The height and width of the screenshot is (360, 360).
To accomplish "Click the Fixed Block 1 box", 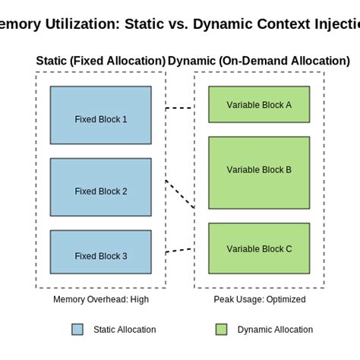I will click(x=100, y=115).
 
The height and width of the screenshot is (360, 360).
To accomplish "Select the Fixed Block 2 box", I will click(x=100, y=187).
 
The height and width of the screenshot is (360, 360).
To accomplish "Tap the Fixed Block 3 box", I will click(x=100, y=251).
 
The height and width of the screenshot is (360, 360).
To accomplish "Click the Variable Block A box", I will click(x=259, y=104).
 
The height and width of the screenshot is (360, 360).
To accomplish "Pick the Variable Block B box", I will click(x=259, y=172).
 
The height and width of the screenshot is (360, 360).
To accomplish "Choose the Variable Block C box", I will click(x=259, y=248).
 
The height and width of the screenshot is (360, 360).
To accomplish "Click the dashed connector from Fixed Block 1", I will click(x=179, y=109).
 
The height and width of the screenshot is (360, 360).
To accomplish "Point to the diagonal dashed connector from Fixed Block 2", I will click(x=180, y=194).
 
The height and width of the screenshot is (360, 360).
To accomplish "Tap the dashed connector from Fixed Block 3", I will click(x=179, y=249).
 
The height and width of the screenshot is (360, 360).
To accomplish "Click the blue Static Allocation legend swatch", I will click(x=77, y=330).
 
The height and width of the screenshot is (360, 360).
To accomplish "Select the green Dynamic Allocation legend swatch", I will click(x=221, y=330).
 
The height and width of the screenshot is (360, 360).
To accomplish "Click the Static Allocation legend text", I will click(x=125, y=330).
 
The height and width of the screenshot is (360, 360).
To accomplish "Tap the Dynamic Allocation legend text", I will click(x=275, y=330).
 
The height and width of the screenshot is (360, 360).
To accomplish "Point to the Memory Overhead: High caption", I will click(x=100, y=299).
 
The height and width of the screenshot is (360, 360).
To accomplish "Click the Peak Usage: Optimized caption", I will click(x=259, y=299).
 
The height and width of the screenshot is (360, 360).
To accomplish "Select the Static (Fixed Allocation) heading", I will click(x=100, y=61).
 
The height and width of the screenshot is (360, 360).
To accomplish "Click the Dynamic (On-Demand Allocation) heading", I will click(x=260, y=61).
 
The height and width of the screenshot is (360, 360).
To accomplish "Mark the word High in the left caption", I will click(x=138, y=299).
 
